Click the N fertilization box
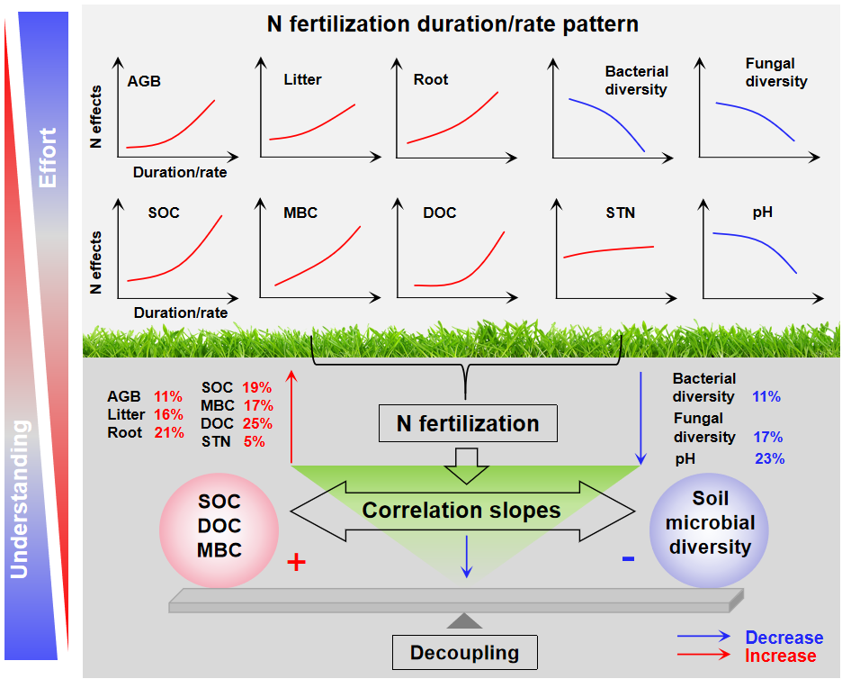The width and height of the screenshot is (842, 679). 468,424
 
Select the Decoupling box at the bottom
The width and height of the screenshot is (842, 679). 465,653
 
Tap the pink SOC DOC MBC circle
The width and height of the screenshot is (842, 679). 219,525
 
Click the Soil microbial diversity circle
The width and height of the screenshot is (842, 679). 710,524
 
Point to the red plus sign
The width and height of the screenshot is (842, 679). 296,563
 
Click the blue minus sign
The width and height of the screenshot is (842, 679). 628,559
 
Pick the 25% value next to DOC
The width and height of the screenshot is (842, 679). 257,423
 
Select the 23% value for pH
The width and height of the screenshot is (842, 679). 770,458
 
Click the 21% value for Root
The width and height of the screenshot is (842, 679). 168,432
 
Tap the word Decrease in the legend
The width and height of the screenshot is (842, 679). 784,638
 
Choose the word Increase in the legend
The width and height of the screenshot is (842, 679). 780,656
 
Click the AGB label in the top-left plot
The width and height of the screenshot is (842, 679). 144,80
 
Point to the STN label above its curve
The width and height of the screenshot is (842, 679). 621,213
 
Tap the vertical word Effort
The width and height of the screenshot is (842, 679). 47,158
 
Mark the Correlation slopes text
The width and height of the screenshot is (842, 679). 461,511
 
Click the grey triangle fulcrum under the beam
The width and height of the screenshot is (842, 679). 465,620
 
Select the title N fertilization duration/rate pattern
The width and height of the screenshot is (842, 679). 452,23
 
